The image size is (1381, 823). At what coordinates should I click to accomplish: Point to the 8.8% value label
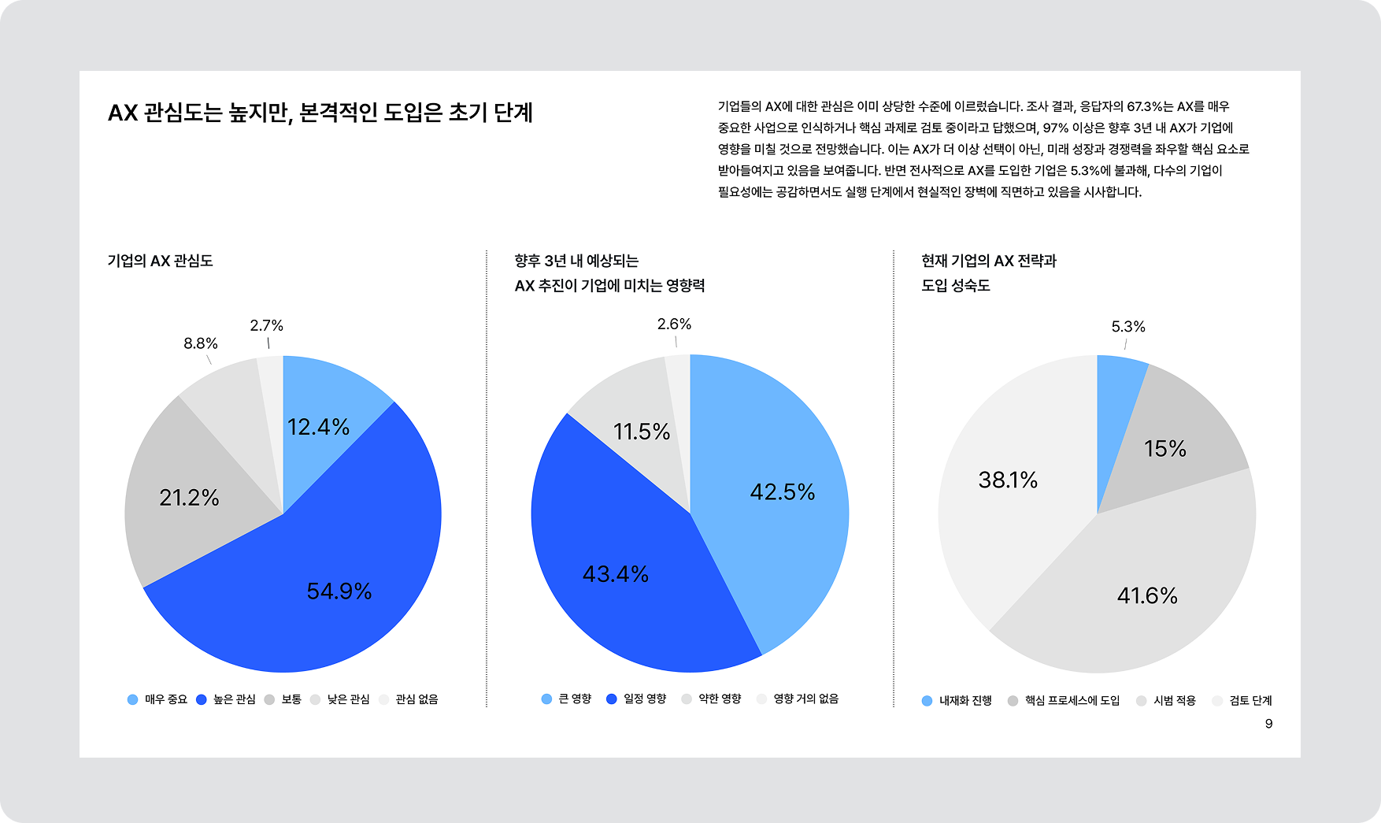point(201,343)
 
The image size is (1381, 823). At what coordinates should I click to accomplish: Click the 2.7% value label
point(266,325)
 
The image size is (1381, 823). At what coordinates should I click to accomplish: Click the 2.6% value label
point(674,324)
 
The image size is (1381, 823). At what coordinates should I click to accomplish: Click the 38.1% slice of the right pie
point(1008,480)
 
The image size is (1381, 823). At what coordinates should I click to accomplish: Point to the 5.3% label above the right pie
point(1127,326)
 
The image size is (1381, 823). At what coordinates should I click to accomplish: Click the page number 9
point(1268,724)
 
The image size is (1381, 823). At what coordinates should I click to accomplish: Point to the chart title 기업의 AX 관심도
point(160,261)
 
